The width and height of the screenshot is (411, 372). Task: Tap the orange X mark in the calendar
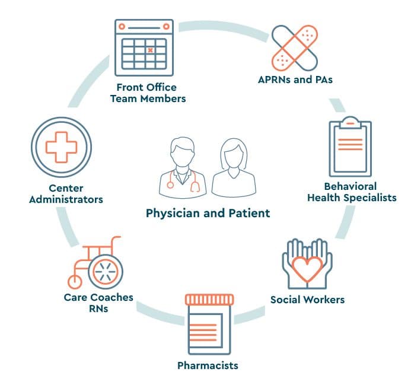151,50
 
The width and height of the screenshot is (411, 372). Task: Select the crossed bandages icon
295,47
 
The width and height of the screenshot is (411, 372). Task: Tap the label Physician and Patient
208,212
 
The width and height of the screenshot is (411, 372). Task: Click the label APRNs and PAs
295,80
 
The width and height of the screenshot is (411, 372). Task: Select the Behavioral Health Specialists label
351,192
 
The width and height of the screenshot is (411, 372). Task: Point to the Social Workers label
307,299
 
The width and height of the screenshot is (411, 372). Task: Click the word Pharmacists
208,364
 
